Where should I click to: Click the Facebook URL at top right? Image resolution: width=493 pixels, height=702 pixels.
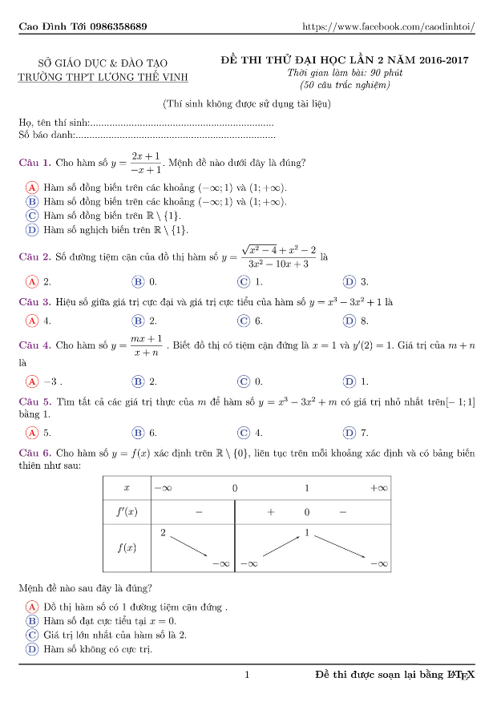388,27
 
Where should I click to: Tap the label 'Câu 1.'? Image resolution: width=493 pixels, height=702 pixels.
35,163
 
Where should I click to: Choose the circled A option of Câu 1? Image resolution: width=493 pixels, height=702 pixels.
32,188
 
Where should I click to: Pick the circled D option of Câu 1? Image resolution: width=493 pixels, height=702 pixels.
32,230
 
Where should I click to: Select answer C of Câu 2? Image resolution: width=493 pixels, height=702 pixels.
244,282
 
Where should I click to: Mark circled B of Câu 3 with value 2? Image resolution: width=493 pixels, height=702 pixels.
138,321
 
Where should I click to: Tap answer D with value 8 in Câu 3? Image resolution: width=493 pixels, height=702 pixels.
350,321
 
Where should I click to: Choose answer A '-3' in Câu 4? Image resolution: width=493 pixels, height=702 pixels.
32,381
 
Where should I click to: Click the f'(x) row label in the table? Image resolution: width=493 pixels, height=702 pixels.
127,511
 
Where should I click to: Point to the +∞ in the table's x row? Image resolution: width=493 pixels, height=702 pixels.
378,487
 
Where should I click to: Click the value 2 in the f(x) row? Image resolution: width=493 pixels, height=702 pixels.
163,532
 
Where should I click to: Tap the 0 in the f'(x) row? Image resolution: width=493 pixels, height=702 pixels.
306,511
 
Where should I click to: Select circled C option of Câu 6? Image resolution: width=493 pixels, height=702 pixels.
32,635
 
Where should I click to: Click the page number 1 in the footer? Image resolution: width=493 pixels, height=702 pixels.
247,676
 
